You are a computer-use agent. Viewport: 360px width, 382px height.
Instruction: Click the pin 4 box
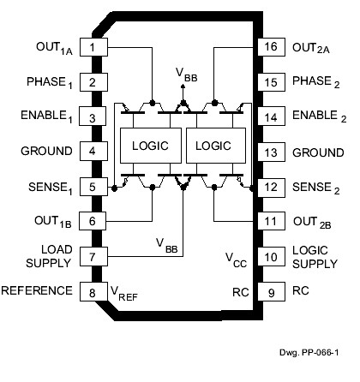91,152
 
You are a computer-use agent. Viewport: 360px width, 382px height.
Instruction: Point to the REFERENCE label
37,290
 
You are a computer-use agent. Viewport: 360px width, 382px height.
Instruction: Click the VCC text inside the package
237,256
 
